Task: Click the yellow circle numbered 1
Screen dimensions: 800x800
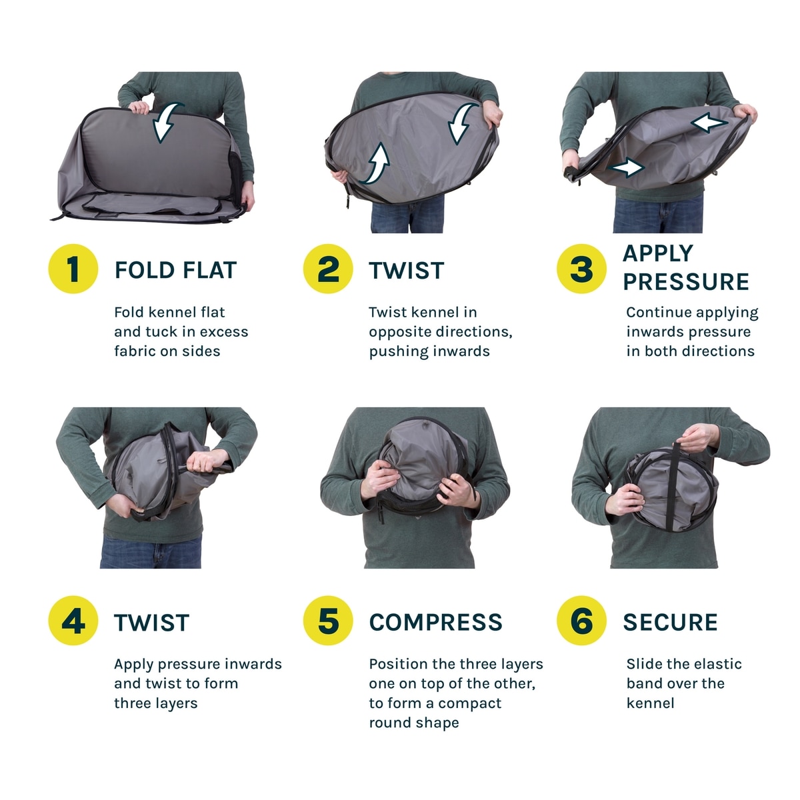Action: [x=73, y=269]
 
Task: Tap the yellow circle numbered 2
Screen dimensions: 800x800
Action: [x=327, y=269]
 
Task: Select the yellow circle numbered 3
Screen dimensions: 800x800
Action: [x=581, y=269]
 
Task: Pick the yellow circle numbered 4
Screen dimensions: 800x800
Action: [x=73, y=620]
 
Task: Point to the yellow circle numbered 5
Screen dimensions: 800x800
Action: [x=327, y=620]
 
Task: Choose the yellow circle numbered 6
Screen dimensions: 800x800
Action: [x=581, y=620]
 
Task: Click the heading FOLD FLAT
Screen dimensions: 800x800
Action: [x=175, y=270]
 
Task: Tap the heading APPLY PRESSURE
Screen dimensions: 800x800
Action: [x=686, y=268]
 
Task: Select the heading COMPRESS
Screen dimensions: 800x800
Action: [x=435, y=622]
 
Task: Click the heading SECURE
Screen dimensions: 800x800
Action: [x=670, y=622]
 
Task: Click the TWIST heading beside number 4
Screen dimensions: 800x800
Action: [x=152, y=622]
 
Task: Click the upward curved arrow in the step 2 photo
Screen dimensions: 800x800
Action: [x=377, y=163]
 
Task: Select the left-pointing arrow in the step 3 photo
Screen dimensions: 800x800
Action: [x=709, y=123]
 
